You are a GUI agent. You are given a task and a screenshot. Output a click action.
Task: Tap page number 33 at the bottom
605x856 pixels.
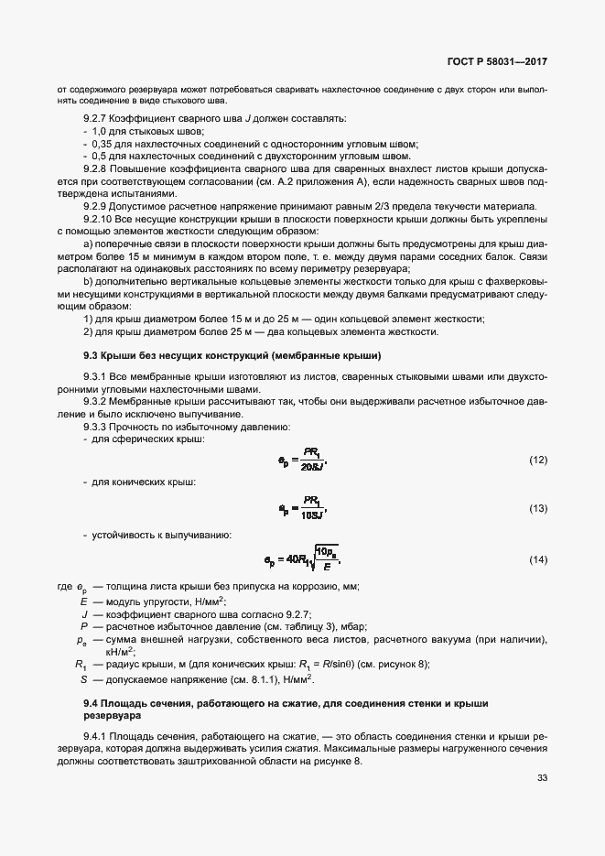542,778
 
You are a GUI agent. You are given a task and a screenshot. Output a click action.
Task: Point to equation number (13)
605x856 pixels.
538,508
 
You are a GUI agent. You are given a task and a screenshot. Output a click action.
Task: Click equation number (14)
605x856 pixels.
538,558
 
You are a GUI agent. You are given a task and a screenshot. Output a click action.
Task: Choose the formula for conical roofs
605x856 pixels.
302,508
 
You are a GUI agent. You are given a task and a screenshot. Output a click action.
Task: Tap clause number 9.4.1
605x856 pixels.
97,736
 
